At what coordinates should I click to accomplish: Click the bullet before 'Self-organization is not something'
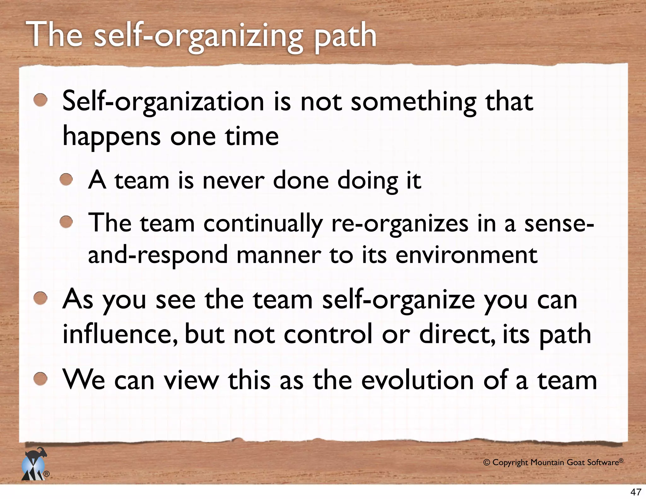pos(41,101)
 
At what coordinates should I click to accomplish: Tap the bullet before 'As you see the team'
pos(41,298)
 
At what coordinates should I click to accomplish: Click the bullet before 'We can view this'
pos(41,379)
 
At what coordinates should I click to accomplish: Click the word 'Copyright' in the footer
pos(510,463)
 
